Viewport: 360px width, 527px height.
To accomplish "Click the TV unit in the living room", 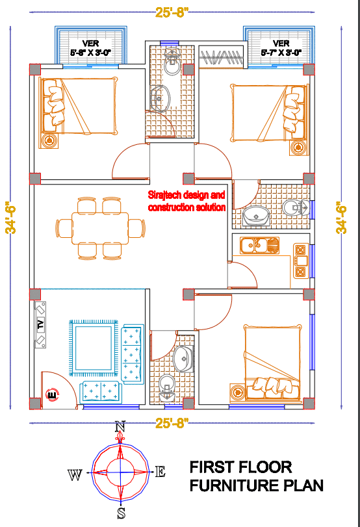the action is (40, 325).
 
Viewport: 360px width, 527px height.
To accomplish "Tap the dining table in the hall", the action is (100, 228).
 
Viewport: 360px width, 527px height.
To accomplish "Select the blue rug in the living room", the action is (94, 348).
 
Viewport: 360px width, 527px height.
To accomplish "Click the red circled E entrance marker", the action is (52, 394).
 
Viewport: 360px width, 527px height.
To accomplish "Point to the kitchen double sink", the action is (259, 246).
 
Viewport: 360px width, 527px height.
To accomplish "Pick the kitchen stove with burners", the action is (301, 261).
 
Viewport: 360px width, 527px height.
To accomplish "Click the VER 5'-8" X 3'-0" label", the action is (90, 48).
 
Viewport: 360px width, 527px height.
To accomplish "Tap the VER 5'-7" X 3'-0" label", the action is (281, 48).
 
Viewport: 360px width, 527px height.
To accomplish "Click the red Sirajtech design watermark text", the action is (186, 201).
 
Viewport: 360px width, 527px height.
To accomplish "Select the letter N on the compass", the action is (120, 426).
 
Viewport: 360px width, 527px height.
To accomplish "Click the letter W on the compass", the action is (75, 475).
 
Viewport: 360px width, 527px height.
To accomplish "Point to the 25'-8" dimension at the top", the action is (172, 12).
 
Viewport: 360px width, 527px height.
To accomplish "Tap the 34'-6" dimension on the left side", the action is (10, 218).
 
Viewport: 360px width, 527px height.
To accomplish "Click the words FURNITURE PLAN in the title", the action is (256, 485).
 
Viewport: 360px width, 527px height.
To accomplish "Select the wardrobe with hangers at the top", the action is (222, 57).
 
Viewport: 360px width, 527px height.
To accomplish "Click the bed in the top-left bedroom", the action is (78, 106).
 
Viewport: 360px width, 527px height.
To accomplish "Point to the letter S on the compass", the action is (121, 513).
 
